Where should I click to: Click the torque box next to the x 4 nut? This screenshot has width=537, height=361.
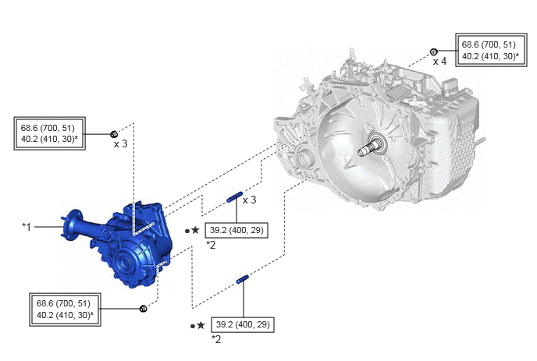pyautogui.click(x=491, y=50)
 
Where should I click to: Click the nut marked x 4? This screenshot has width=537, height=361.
pyautogui.click(x=433, y=52)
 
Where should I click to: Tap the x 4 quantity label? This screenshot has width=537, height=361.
pyautogui.click(x=439, y=62)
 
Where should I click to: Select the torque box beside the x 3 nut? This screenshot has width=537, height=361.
pyautogui.click(x=50, y=133)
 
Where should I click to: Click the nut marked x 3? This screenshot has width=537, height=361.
pyautogui.click(x=114, y=134)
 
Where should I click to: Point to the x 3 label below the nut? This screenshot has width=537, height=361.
pyautogui.click(x=120, y=144)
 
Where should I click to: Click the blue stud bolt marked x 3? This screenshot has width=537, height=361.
pyautogui.click(x=235, y=197)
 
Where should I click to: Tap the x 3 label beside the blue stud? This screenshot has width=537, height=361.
pyautogui.click(x=249, y=200)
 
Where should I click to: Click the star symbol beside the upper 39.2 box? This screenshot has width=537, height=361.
pyautogui.click(x=195, y=230)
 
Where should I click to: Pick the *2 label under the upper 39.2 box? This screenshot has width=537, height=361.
pyautogui.click(x=211, y=245)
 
